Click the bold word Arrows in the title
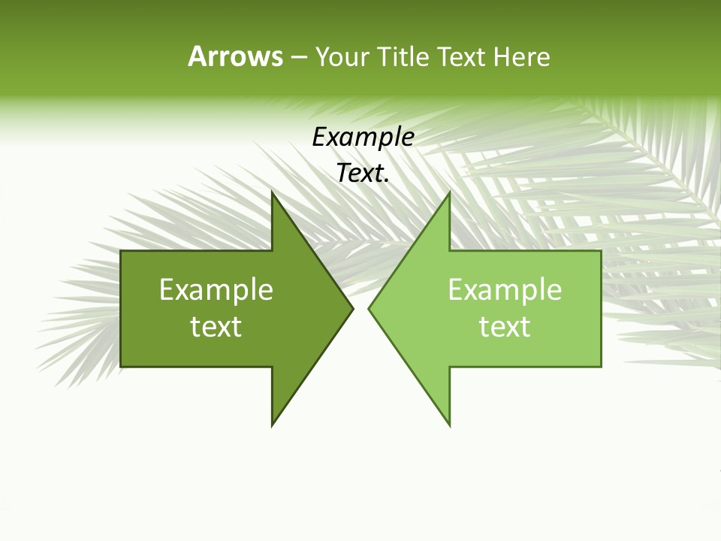coord(235,56)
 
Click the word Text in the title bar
coord(463,56)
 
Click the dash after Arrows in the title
coord(299,57)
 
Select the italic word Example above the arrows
coord(364,138)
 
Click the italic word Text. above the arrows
coord(364,174)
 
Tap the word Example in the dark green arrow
coord(216,290)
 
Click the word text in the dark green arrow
coord(216,327)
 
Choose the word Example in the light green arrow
coord(505,290)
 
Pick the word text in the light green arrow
coord(505,327)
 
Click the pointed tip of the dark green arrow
coord(352,308)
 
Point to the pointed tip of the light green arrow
coord(369,308)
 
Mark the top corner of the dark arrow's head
coord(273,192)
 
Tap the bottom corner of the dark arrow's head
coord(273,425)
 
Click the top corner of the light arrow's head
coord(449,192)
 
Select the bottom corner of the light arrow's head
coord(449,425)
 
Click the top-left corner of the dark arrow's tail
coord(121,251)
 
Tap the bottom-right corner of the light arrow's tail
coord(601,366)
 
